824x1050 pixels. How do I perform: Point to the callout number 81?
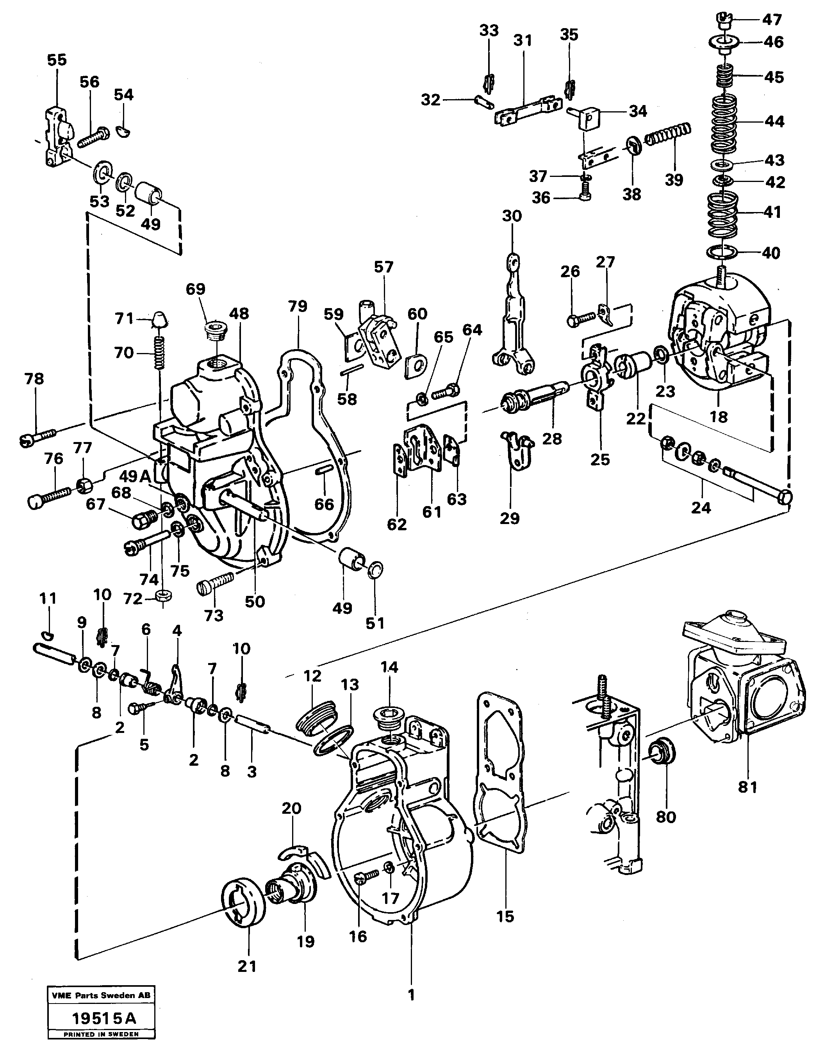tap(747, 787)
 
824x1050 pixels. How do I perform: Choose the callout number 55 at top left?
tap(57, 60)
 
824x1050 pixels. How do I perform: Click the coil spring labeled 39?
tap(668, 133)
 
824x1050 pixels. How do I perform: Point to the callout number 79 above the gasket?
tap(298, 307)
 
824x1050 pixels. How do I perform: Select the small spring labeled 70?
tap(161, 352)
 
